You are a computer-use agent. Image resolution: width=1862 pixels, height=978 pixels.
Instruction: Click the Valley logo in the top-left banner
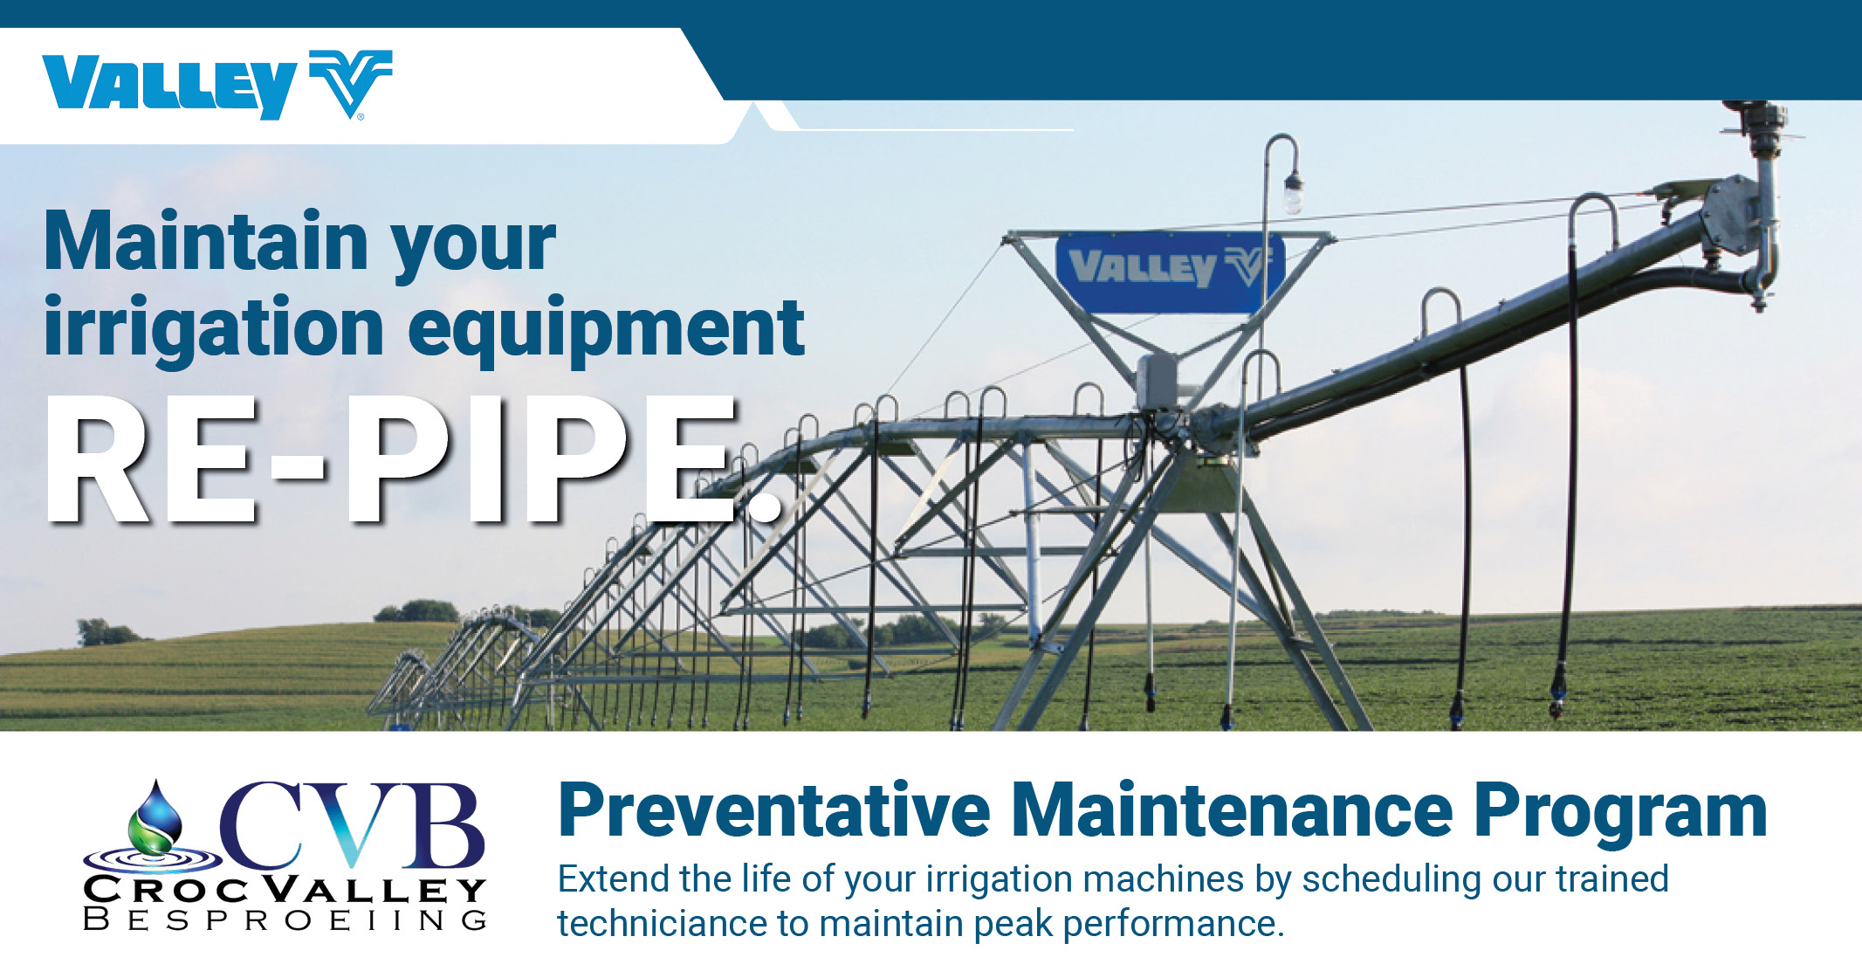pyautogui.click(x=216, y=85)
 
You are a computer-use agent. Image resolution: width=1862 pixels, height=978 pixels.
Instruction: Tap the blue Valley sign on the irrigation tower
pyautogui.click(x=1168, y=271)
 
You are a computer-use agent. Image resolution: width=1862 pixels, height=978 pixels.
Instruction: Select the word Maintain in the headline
pyautogui.click(x=206, y=242)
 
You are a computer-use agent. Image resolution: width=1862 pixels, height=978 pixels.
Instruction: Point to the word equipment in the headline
pyautogui.click(x=606, y=330)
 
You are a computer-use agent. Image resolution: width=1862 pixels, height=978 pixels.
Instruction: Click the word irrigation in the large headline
pyautogui.click(x=214, y=330)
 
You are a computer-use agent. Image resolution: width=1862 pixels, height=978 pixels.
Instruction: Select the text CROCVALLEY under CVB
pyautogui.click(x=285, y=890)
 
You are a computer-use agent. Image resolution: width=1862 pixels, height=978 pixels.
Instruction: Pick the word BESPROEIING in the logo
pyautogui.click(x=285, y=920)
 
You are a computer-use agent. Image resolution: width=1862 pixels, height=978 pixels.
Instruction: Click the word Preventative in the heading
pyautogui.click(x=773, y=811)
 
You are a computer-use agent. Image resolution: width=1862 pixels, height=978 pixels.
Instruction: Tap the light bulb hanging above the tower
pyautogui.click(x=1293, y=196)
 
